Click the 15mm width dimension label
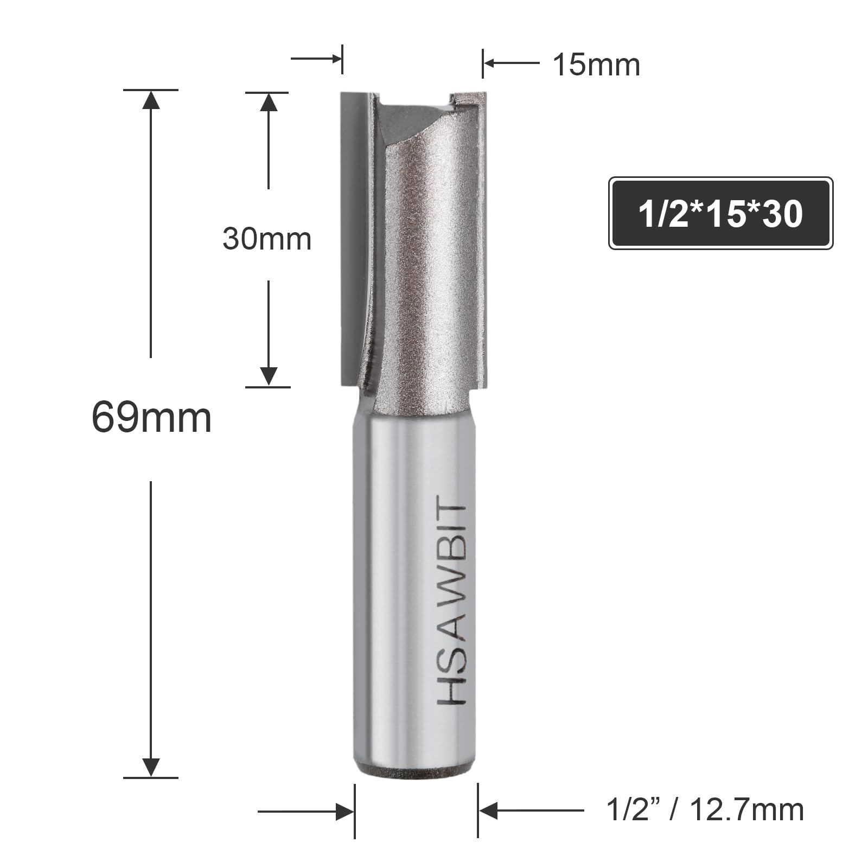(596, 65)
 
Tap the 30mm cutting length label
(267, 239)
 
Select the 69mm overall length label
(151, 418)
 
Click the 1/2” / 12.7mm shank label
(705, 810)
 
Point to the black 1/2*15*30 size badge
(720, 213)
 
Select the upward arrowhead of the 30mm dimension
(269, 103)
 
